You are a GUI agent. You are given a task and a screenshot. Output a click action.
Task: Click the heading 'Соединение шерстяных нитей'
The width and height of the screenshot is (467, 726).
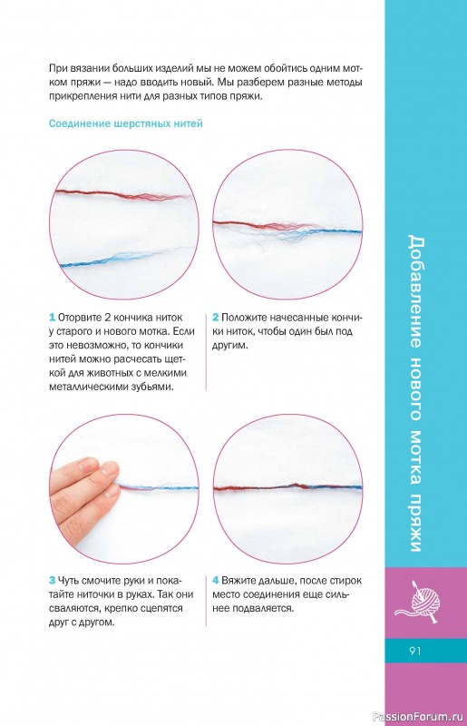point(126,124)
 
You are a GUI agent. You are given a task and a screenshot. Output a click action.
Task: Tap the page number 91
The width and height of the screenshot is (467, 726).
point(415,651)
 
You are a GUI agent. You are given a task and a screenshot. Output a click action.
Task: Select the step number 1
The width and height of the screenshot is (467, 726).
point(53,318)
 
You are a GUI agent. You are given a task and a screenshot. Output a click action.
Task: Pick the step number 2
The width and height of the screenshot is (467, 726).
point(215,318)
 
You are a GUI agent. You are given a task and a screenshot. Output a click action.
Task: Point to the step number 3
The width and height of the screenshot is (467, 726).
point(53,581)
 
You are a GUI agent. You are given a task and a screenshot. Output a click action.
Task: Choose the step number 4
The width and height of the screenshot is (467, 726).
point(216,581)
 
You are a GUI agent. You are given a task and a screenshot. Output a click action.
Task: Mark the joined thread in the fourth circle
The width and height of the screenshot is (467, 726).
point(287,487)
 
